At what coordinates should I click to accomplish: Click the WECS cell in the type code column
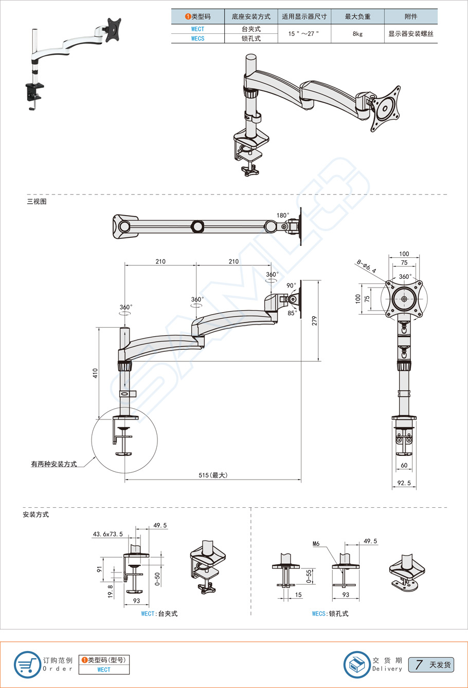[x=197, y=39]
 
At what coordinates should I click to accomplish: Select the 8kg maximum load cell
[x=357, y=34]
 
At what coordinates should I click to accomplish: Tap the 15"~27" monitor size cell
[x=303, y=34]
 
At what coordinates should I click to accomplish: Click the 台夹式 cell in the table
[x=251, y=29]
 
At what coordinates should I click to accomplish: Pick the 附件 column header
[x=410, y=16]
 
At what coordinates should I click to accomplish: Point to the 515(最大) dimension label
[x=213, y=475]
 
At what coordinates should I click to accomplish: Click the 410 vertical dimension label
[x=95, y=373]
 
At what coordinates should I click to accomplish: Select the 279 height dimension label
[x=314, y=320]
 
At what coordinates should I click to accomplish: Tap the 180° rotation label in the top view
[x=283, y=216]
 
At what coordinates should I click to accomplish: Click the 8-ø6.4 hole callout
[x=366, y=266]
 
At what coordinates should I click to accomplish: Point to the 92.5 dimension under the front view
[x=404, y=483]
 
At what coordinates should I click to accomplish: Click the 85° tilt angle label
[x=292, y=313]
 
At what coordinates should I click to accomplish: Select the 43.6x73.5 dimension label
[x=108, y=534]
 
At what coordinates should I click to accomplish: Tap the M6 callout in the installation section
[x=316, y=544]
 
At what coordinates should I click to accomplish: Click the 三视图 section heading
[x=37, y=202]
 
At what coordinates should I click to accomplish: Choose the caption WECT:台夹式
[x=159, y=614]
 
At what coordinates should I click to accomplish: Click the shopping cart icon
[x=27, y=664]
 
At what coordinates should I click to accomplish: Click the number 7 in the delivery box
[x=419, y=665]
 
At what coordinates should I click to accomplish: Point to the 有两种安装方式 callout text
[x=53, y=464]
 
